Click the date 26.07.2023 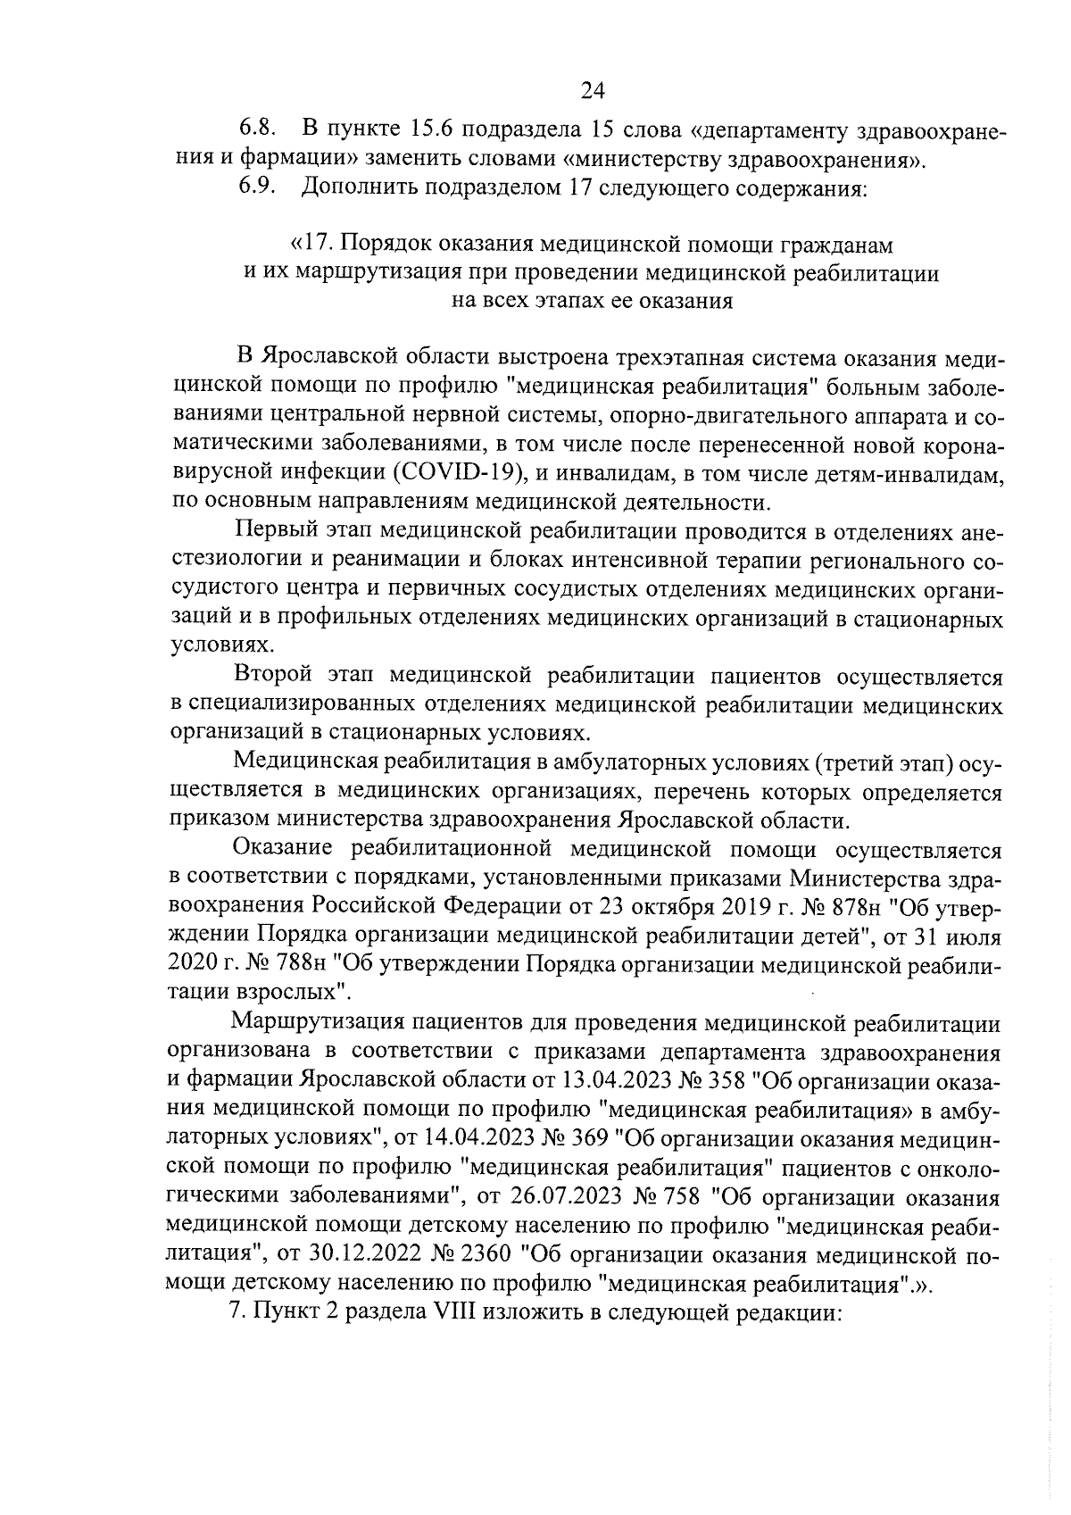(x=568, y=1195)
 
